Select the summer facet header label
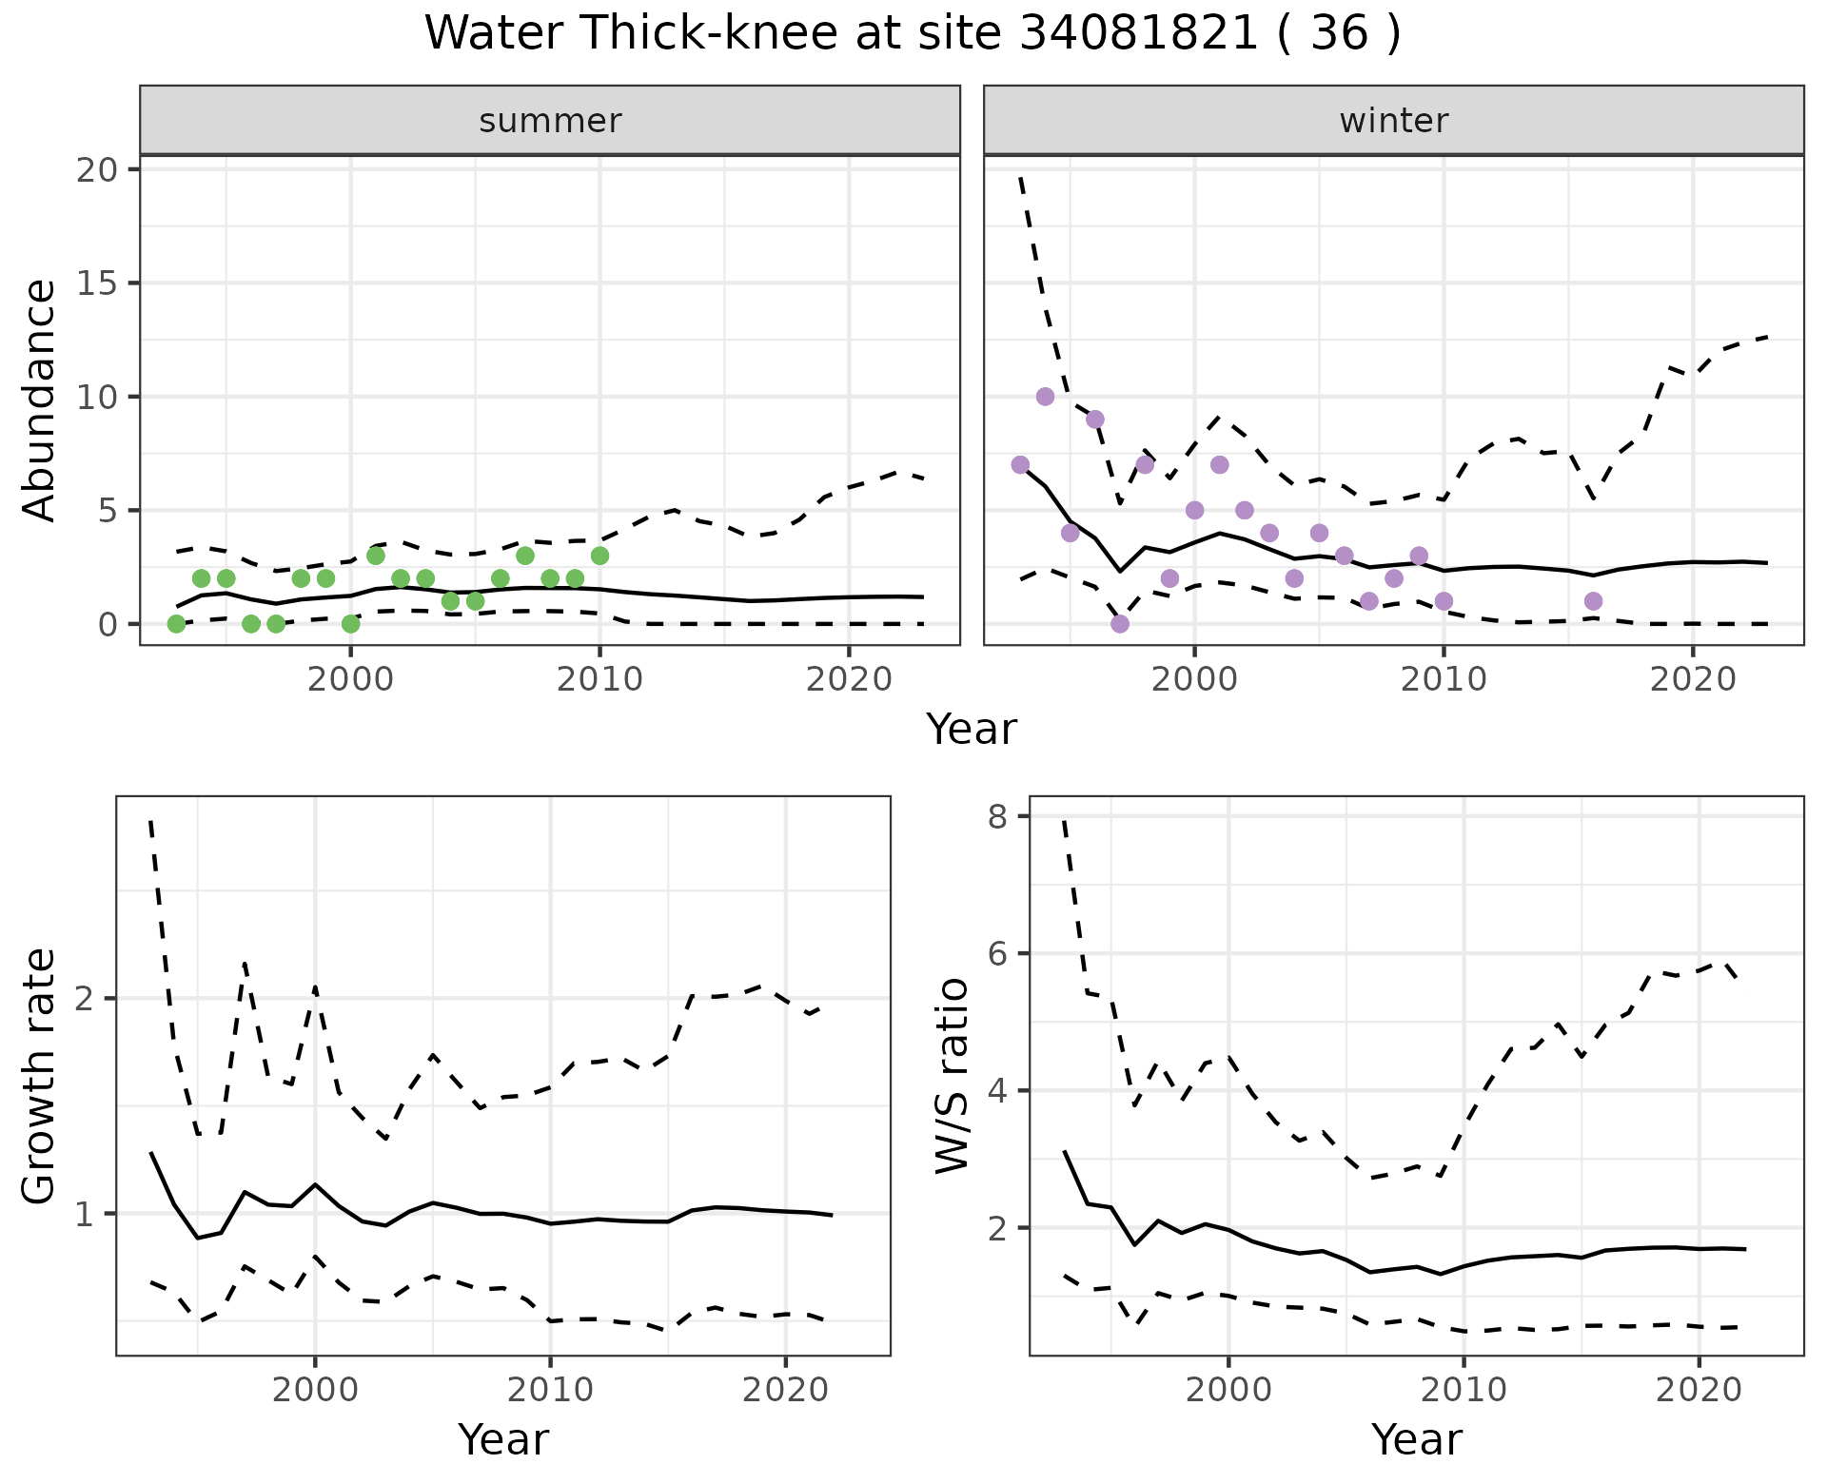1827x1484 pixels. click(x=550, y=121)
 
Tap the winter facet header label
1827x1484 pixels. click(x=1393, y=121)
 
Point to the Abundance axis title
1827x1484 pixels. click(x=40, y=400)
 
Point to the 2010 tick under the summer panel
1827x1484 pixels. click(x=599, y=679)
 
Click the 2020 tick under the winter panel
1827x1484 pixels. click(x=1693, y=679)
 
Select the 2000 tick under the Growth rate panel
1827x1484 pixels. click(x=315, y=1390)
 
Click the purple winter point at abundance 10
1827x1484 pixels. click(x=1045, y=397)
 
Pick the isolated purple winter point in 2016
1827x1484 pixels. click(x=1594, y=601)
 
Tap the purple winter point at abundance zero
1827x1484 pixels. click(x=1120, y=624)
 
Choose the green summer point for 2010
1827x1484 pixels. click(x=599, y=556)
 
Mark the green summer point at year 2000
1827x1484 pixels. click(x=350, y=624)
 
